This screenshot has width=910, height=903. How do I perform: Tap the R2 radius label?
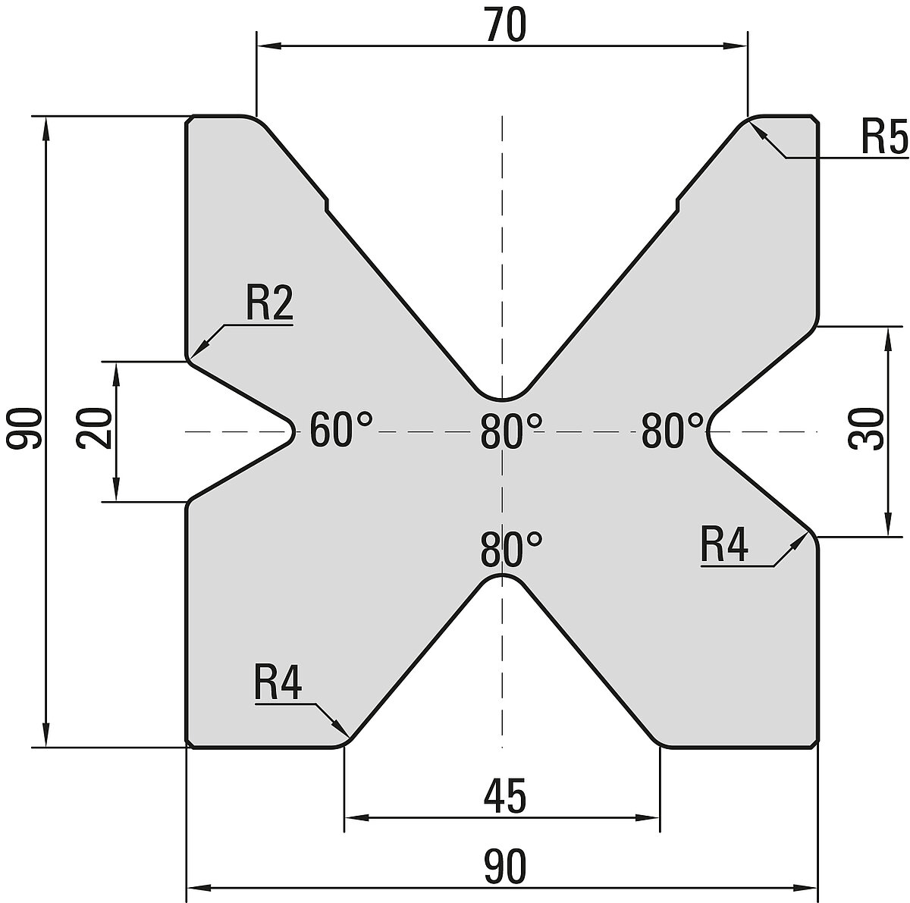268,305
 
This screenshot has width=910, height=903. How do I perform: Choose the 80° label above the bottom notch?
512,549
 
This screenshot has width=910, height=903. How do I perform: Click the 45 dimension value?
504,797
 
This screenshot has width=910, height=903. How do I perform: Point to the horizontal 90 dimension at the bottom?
504,867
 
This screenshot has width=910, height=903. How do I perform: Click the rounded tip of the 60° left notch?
292,431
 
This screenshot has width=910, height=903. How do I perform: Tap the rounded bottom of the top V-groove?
501,397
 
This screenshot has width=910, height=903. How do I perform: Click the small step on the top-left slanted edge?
327,202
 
